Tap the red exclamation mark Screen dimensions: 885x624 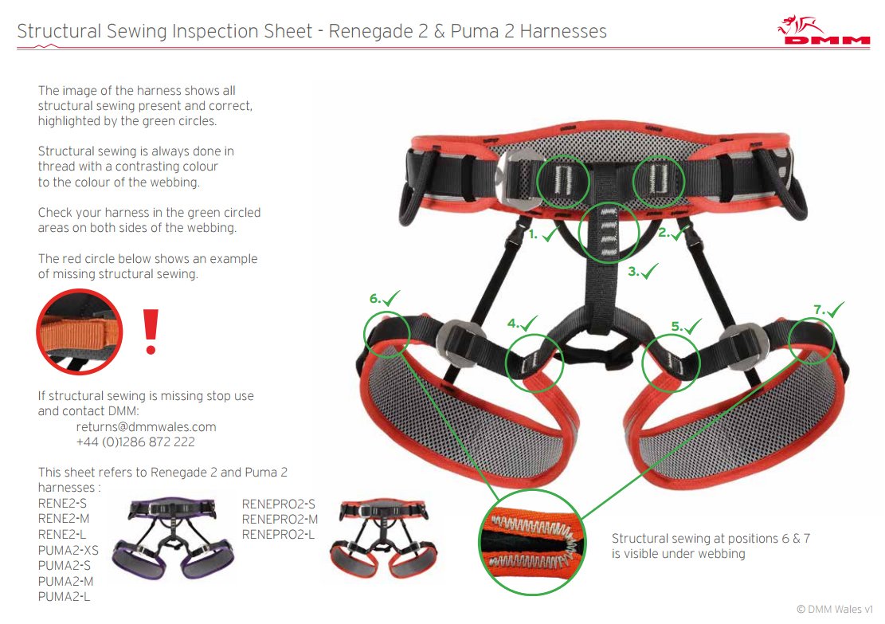coord(151,332)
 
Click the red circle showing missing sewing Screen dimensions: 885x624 coord(80,332)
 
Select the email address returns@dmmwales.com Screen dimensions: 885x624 coord(147,427)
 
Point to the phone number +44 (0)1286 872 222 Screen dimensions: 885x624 coord(135,442)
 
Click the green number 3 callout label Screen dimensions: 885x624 coord(643,272)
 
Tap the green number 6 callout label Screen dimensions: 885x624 coord(385,299)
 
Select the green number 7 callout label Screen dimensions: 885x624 coord(828,309)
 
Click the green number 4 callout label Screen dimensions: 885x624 coord(522,324)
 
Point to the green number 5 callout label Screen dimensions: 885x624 coord(686,327)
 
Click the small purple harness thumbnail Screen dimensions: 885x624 coord(172,539)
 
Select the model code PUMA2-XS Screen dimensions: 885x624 coord(69,550)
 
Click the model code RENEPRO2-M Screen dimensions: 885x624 coord(280,519)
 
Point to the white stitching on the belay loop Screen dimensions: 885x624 coord(609,232)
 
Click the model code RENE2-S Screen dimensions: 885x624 coord(62,503)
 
